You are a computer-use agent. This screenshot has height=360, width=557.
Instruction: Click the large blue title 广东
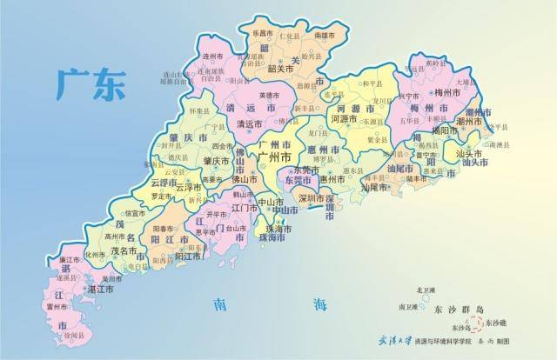tap(90, 83)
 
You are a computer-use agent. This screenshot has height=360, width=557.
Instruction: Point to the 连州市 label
tap(215, 55)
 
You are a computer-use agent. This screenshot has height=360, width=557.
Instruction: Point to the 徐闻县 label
tap(76, 334)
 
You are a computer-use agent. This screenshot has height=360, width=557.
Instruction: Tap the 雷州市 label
tap(58, 306)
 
